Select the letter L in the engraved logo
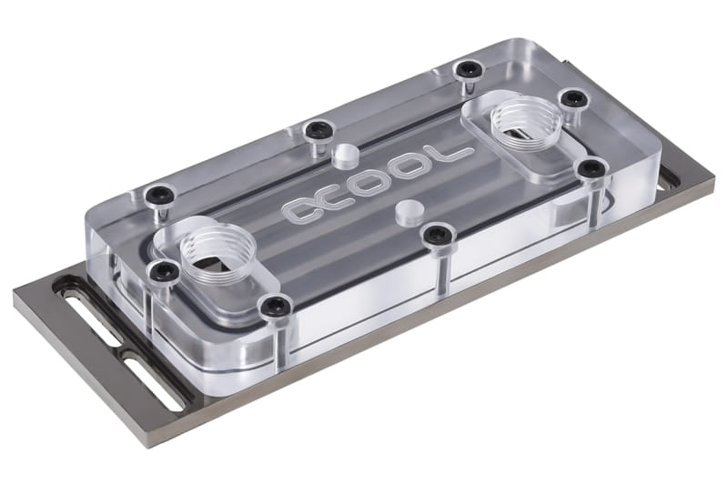pos(453,156)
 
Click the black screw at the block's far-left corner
pos(160,194)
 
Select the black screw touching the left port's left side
pos(164,271)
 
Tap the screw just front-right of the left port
pos(276,307)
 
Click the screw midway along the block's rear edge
pos(317,129)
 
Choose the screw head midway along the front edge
pos(438,237)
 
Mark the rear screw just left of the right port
pos(468,69)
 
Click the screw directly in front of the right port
pos(592,168)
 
